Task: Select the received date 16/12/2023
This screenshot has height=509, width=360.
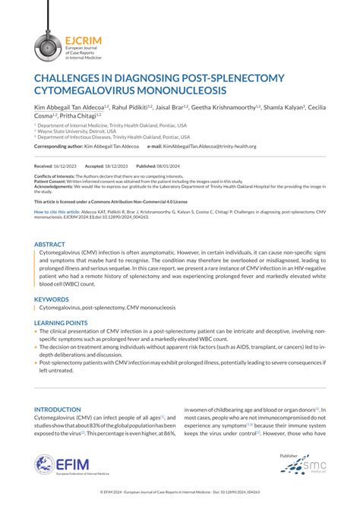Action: [x=65, y=166]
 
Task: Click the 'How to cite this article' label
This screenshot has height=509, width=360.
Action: [x=57, y=210]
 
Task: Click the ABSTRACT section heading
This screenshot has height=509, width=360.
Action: [x=49, y=245]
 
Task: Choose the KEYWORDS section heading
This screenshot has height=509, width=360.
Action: [x=52, y=299]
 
